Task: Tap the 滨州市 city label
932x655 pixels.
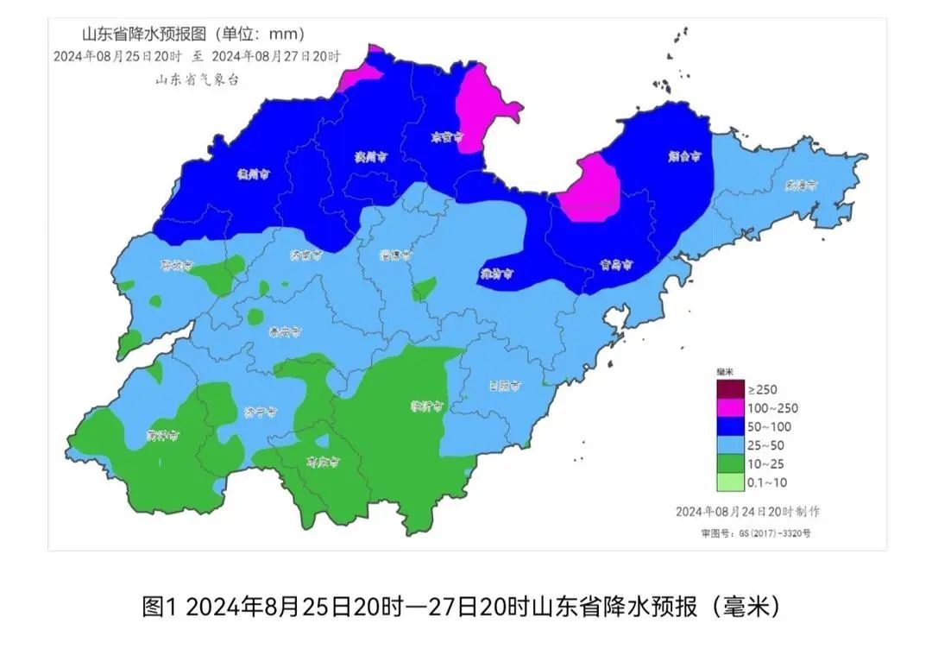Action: (368, 158)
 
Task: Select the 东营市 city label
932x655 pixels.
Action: (446, 137)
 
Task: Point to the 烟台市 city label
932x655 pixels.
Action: (684, 157)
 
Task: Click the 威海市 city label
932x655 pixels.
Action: (801, 185)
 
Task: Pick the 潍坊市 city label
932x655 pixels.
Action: (497, 274)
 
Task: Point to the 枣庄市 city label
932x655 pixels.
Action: (323, 463)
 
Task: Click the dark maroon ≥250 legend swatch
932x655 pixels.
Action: (730, 389)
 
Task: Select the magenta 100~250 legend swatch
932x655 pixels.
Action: (730, 408)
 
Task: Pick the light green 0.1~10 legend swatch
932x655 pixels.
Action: (730, 482)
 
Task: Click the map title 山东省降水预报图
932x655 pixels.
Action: (142, 35)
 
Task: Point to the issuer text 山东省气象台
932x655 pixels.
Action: (196, 79)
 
